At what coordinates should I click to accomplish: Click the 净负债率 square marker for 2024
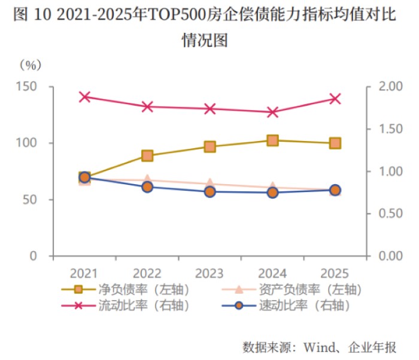pos(272,141)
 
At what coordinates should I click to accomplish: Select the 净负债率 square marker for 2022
pos(147,156)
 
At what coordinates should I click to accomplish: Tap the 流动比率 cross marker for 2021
pos(84,97)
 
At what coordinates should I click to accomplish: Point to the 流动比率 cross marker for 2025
pos(335,99)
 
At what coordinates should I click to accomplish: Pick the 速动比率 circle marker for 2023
pos(210,192)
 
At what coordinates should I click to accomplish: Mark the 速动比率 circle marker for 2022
pos(147,187)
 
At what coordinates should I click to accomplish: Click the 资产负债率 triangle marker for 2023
pos(210,184)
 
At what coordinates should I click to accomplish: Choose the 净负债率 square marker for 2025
pos(335,144)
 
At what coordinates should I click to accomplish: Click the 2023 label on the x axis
pos(210,273)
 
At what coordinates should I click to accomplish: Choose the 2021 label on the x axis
pos(84,273)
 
